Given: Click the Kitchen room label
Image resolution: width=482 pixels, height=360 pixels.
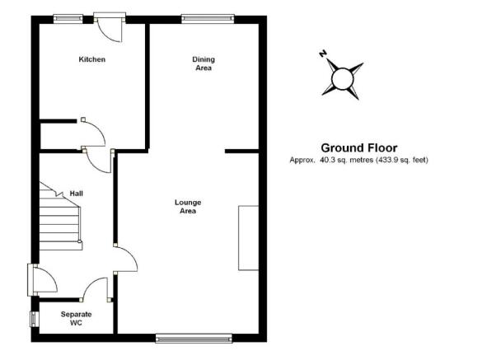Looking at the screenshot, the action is tap(92, 59).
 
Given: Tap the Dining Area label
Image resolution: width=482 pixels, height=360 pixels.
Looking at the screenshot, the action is tap(204, 63).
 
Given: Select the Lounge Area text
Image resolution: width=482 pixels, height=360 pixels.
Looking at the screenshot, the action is tap(188, 207).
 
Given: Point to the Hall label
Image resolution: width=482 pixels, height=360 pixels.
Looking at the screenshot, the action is tap(77, 194).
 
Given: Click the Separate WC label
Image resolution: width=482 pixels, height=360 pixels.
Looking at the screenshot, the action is tap(76, 319).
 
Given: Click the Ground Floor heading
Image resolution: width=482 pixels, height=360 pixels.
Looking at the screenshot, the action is tap(359, 148).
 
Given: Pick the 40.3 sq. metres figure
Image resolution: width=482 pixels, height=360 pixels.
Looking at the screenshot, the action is tap(346, 160).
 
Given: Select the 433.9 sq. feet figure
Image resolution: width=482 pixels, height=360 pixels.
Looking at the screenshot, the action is tap(402, 160).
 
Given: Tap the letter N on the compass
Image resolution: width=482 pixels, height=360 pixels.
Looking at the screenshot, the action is tap(322, 54).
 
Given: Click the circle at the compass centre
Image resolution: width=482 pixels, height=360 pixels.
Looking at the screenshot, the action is tap(343, 79).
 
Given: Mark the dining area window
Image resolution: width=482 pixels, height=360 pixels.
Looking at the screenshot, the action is tap(208, 19).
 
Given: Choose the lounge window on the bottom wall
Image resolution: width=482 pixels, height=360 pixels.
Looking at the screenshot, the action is tap(194, 339).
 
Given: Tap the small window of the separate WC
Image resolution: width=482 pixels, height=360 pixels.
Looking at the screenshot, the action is tap(33, 319).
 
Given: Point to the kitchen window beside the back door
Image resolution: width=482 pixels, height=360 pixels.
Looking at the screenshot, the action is tap(68, 19).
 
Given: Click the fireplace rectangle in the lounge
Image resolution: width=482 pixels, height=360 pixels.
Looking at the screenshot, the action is tap(248, 238).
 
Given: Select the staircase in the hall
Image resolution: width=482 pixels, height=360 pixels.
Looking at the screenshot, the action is tap(60, 217).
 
